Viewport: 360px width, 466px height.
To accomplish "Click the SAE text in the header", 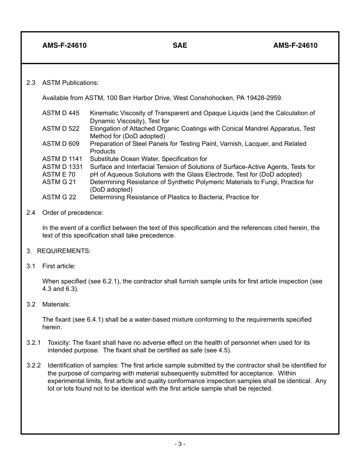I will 180,45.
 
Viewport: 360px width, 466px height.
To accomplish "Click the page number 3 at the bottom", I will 180,444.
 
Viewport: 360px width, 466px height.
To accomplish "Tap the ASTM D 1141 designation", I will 62,159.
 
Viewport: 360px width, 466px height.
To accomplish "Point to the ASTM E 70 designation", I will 59,174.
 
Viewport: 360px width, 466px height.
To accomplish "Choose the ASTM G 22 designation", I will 59,197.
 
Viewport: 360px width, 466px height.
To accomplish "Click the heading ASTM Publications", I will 70,83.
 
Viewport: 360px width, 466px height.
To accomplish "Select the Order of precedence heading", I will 72,213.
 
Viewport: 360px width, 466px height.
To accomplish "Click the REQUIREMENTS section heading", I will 64,251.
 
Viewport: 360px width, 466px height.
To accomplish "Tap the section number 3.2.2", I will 33,366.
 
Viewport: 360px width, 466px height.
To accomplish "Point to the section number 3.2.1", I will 33,343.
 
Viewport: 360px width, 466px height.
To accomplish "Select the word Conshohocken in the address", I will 212,98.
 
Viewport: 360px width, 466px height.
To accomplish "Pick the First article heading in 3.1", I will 59,266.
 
